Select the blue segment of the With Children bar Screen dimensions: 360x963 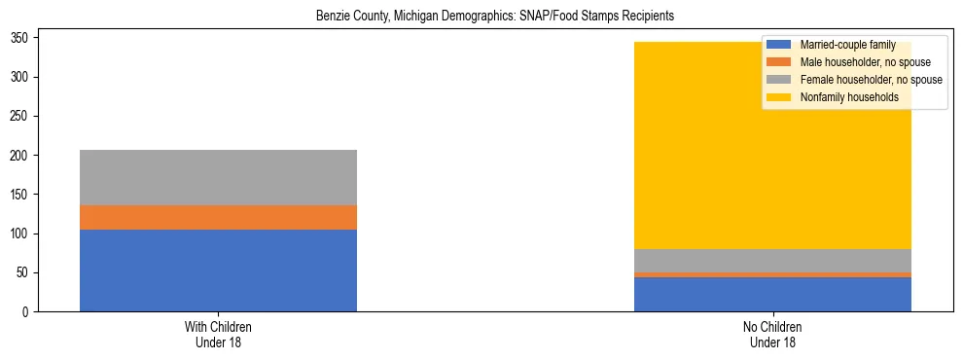pos(218,270)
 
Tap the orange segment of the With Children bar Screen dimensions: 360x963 pos(218,217)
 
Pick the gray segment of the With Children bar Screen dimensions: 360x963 pos(218,177)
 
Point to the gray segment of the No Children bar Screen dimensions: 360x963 pos(772,261)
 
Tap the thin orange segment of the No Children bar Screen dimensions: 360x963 pos(772,274)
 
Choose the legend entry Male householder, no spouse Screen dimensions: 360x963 pos(851,62)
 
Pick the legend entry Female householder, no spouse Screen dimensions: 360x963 pos(857,80)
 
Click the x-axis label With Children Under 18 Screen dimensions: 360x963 pos(218,335)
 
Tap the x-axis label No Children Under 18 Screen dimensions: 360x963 pos(772,335)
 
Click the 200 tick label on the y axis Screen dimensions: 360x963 pos(24,155)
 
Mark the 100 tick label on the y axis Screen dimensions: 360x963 pos(24,234)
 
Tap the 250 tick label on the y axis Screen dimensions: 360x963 pos(24,116)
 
